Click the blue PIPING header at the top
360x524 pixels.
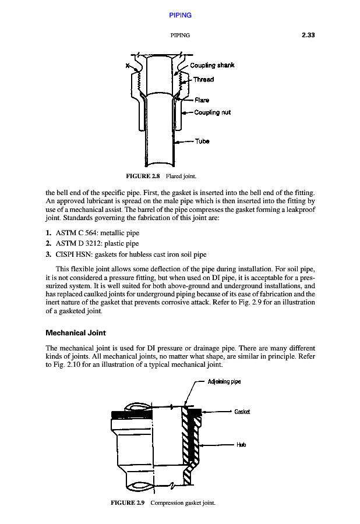tap(180, 15)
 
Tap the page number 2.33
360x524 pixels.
tap(308, 36)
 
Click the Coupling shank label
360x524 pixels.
tap(212, 65)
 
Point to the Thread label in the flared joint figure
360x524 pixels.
tap(203, 79)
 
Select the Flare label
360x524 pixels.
tap(202, 100)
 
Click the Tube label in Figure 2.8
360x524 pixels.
tap(202, 141)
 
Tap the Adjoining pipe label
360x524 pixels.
tap(224, 382)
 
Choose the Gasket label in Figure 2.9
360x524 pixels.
tap(242, 412)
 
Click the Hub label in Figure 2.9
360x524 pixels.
tap(241, 445)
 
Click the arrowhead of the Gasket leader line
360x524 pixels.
tap(203, 412)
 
